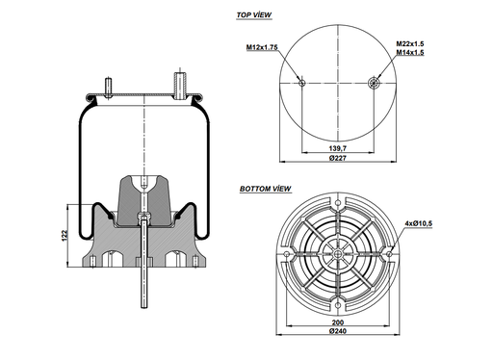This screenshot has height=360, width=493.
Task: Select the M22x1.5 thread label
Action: point(410,43)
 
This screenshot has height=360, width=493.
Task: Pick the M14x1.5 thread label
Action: point(410,53)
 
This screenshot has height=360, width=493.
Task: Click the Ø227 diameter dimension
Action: point(338,159)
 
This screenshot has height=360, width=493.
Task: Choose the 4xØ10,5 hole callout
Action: point(419,223)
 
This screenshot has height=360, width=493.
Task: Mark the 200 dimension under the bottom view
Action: point(337,323)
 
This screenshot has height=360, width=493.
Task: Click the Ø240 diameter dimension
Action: point(337,333)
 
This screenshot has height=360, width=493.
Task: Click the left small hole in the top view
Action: point(302,84)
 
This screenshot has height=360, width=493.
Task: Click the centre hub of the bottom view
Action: point(338,252)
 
